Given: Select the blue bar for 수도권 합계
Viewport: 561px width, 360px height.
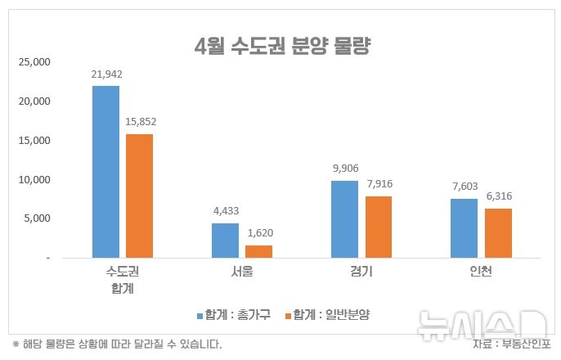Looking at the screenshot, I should [105, 172].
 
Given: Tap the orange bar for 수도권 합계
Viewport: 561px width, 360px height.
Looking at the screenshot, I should [139, 196].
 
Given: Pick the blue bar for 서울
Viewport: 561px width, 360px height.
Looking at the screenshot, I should [225, 241].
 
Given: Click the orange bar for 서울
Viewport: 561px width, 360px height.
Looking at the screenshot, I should [258, 251].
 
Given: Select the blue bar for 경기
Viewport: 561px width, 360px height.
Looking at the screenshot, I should [344, 219].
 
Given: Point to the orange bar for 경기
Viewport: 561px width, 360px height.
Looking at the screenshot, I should [378, 227].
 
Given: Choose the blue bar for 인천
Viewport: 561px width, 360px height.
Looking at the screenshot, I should [464, 228].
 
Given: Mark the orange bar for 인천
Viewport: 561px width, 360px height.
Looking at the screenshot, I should [497, 233].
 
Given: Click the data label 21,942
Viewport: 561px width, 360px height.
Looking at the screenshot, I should [106, 74].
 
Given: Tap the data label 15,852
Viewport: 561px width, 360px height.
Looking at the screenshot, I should [140, 122].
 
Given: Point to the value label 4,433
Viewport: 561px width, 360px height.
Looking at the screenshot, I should [225, 212].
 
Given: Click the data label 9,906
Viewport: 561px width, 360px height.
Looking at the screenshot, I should [344, 169].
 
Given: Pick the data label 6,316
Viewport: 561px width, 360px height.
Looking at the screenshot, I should [497, 196].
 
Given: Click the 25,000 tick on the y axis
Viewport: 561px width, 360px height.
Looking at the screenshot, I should [35, 62].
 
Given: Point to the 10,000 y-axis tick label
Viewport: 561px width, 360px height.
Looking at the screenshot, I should [35, 179].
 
